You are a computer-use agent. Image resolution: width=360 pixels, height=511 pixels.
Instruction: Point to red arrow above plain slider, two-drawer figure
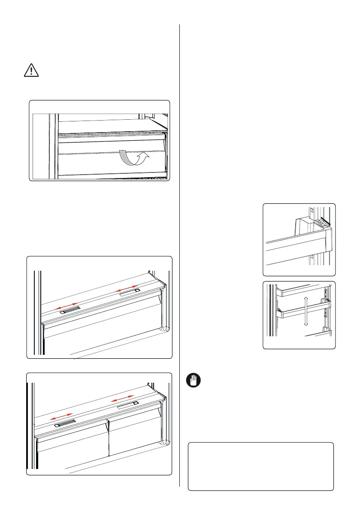tap(124, 399)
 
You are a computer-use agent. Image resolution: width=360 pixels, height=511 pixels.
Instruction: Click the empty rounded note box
tap(261, 466)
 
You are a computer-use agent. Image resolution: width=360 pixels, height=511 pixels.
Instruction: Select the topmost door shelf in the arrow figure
tap(300, 291)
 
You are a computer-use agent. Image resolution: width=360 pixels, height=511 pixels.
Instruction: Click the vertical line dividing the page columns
tap(180, 257)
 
